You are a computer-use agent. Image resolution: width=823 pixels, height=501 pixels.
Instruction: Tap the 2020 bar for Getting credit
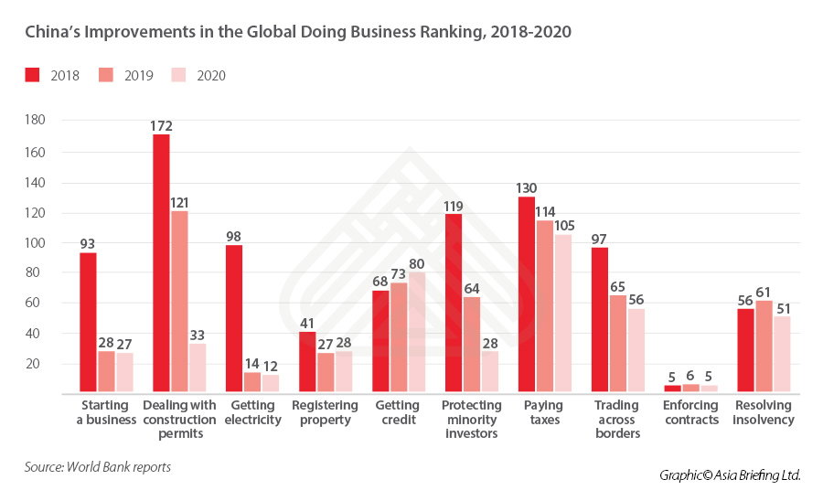tap(417, 332)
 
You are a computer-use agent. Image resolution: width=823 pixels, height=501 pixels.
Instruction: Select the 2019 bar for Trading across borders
tap(618, 343)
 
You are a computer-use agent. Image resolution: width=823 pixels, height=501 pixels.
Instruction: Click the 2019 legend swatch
tap(107, 75)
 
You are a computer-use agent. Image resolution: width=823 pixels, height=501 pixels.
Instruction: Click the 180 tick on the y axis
tap(35, 121)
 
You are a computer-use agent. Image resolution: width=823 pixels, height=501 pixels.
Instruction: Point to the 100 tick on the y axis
tap(35, 243)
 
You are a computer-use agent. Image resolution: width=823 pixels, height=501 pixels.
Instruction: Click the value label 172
tap(162, 126)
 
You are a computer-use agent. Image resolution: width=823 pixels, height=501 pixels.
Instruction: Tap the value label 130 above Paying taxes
tap(527, 188)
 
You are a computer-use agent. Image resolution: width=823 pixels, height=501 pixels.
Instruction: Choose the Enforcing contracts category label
tap(691, 412)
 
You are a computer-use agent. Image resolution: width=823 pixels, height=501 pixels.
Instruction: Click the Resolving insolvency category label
tap(764, 412)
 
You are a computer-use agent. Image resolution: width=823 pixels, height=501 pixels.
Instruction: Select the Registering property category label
tap(325, 412)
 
